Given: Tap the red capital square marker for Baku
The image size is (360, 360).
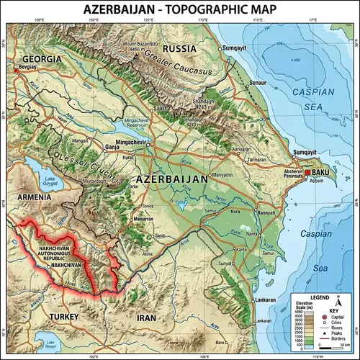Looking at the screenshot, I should pyautogui.click(x=308, y=174).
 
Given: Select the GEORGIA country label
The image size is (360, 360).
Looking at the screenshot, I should pyautogui.click(x=42, y=58).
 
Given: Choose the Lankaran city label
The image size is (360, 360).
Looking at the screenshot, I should pyautogui.click(x=265, y=300).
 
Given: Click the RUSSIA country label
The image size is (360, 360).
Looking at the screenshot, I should pyautogui.click(x=180, y=48).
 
